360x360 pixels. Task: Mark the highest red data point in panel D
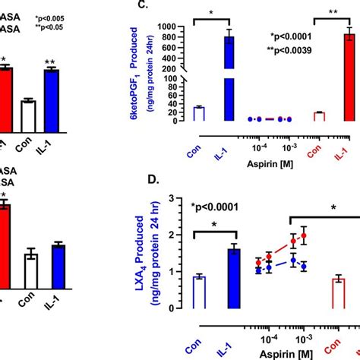pyautogui.click(x=304, y=235)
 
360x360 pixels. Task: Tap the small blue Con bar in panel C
pyautogui.click(x=199, y=114)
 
